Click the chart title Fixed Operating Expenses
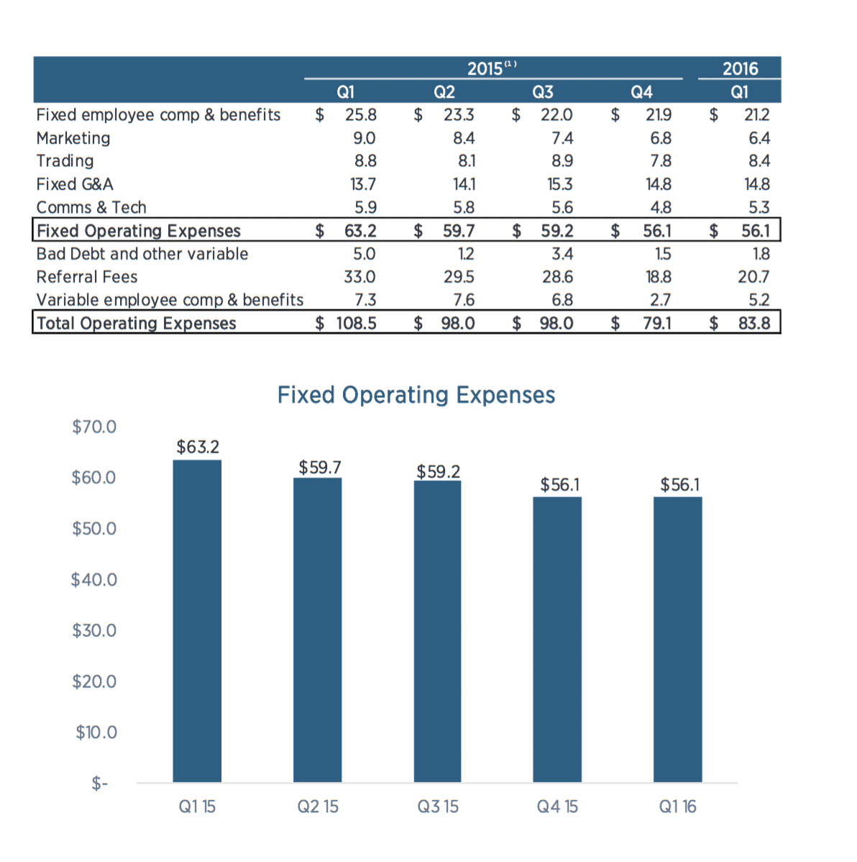pyautogui.click(x=416, y=395)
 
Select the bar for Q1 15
pyautogui.click(x=197, y=620)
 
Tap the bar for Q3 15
pyautogui.click(x=437, y=630)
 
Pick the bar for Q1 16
pyautogui.click(x=677, y=639)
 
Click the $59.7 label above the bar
pyautogui.click(x=320, y=468)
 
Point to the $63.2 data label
pyautogui.click(x=198, y=447)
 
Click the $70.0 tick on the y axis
pyautogui.click(x=94, y=427)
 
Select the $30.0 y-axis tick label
pyautogui.click(x=94, y=630)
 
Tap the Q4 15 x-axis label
pyautogui.click(x=557, y=807)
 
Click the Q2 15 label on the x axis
pyautogui.click(x=318, y=807)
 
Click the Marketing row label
pyautogui.click(x=73, y=138)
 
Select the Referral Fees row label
pyautogui.click(x=87, y=277)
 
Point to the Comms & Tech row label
pyautogui.click(x=91, y=208)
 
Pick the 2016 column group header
pyautogui.click(x=740, y=69)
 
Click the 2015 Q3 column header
pyautogui.click(x=543, y=92)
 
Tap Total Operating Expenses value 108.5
pyautogui.click(x=356, y=323)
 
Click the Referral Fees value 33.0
pyautogui.click(x=359, y=277)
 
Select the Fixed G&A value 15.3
pyautogui.click(x=560, y=184)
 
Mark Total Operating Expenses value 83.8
pyautogui.click(x=754, y=323)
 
